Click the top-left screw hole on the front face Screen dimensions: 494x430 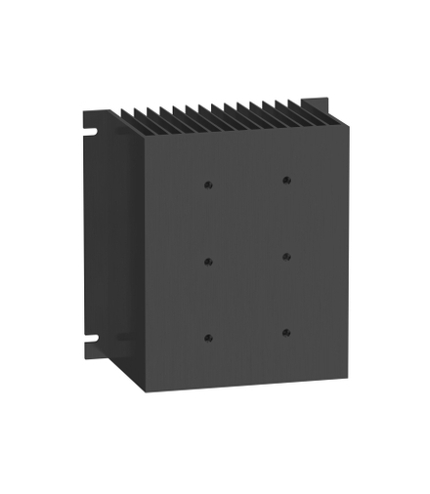point(208,183)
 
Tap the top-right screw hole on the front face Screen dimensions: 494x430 point(286,181)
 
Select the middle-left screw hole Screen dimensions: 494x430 point(208,260)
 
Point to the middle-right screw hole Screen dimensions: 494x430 point(286,257)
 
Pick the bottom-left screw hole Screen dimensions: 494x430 point(208,338)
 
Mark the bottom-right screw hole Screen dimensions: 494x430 point(286,333)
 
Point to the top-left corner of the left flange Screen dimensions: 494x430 point(82,110)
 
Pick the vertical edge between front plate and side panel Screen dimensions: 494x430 point(145,264)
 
